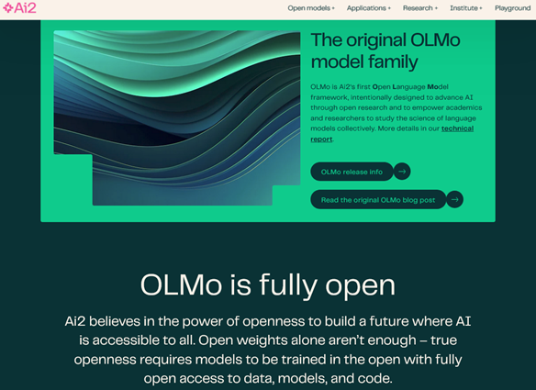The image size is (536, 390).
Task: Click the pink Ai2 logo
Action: pyautogui.click(x=19, y=8)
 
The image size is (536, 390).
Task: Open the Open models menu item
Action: pyautogui.click(x=311, y=8)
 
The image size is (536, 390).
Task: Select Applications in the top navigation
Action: pyautogui.click(x=369, y=8)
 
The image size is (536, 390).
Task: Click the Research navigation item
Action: pyautogui.click(x=420, y=8)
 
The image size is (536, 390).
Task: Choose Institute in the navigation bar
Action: pyautogui.click(x=466, y=8)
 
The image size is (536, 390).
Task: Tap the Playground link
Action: pyautogui.click(x=512, y=8)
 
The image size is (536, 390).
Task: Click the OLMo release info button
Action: pyautogui.click(x=352, y=172)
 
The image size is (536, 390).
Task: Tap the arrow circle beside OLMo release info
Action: pyautogui.click(x=402, y=172)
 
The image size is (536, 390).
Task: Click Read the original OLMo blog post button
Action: pyautogui.click(x=378, y=200)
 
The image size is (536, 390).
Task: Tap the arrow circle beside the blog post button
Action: pyautogui.click(x=454, y=200)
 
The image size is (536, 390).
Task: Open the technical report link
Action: pyautogui.click(x=392, y=134)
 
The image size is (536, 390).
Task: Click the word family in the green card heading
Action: pyautogui.click(x=393, y=61)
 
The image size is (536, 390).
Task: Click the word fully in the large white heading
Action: pyautogui.click(x=288, y=284)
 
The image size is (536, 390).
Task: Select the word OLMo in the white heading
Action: pyautogui.click(x=181, y=284)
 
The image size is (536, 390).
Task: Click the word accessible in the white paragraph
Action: pyautogui.click(x=138, y=340)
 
